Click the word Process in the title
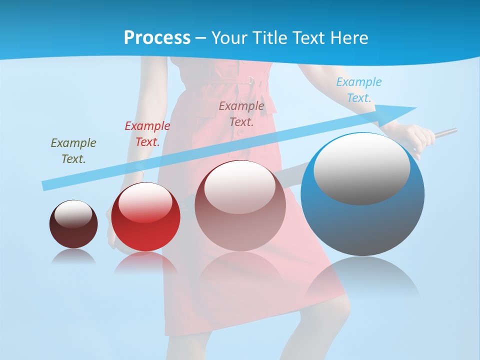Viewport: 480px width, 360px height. coord(157,37)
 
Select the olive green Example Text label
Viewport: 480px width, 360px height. coord(73,150)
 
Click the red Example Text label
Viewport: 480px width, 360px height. coord(147,133)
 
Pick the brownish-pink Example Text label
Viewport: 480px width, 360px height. coord(241,113)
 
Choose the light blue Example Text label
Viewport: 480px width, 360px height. coord(358,89)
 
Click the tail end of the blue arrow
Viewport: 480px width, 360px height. coord(44,185)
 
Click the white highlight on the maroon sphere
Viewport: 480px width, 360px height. coord(73,214)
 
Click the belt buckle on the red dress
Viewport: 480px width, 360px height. coord(250,80)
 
